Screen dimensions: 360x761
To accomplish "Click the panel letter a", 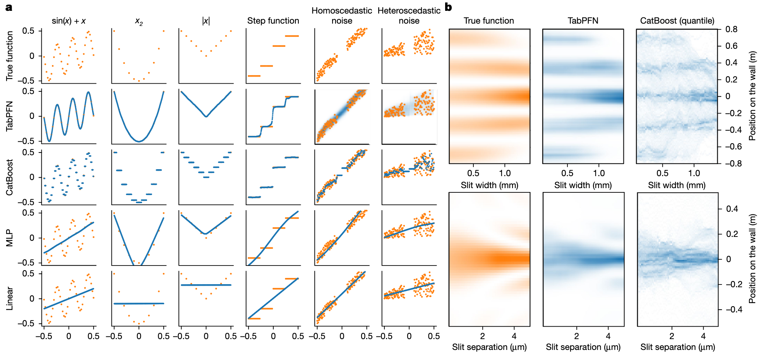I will click(9, 8).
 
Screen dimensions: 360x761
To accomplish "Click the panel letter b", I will click(448, 7).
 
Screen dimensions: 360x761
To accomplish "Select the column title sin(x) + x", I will click(69, 21).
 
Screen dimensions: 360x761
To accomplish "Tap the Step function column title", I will click(273, 21).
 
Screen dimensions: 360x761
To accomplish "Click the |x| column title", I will click(206, 21).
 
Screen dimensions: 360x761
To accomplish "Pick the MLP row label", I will click(9, 238).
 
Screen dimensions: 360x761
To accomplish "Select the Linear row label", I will click(9, 298).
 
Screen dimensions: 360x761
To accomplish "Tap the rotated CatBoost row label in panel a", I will click(9, 177).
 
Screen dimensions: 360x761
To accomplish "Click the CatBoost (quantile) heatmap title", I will click(677, 21).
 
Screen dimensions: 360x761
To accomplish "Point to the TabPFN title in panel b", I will click(583, 21).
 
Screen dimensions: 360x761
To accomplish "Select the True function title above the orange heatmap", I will click(489, 21).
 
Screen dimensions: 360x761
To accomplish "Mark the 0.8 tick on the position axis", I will click(731, 29).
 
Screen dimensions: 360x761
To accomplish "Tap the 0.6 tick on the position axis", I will click(731, 46).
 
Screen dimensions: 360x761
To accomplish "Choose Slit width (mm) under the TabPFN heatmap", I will click(583, 185).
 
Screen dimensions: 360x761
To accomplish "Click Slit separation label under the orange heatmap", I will click(489, 347).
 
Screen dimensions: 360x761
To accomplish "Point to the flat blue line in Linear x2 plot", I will click(139, 303).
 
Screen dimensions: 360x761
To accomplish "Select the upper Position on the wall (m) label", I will click(752, 96).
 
